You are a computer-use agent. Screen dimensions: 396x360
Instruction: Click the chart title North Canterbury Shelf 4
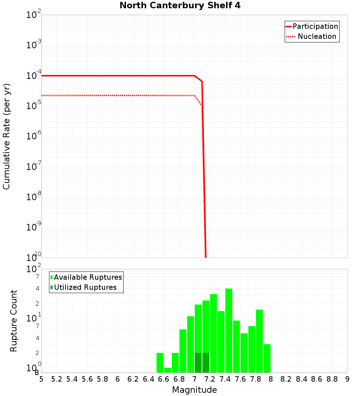[x=180, y=6]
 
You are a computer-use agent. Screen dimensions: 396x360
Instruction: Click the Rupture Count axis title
[x=14, y=321]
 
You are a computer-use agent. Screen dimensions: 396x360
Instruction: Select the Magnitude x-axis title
[x=194, y=390]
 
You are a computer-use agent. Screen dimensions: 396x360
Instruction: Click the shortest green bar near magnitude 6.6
[x=167, y=370]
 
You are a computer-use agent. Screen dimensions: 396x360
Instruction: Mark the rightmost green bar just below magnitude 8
[x=267, y=358]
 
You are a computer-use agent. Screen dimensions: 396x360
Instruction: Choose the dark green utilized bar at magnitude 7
[x=198, y=363]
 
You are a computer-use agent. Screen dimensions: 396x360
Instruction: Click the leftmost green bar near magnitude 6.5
[x=160, y=363]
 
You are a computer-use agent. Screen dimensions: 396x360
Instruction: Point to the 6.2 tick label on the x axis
[x=133, y=379]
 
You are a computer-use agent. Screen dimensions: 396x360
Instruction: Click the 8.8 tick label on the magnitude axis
[x=332, y=379]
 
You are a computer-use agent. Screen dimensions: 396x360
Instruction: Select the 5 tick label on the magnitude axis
[x=41, y=379]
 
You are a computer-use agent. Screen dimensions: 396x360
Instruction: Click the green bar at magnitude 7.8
[x=259, y=341]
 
